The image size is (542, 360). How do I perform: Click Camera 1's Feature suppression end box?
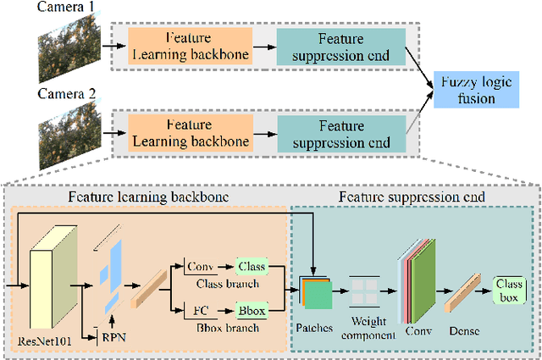pyautogui.click(x=340, y=47)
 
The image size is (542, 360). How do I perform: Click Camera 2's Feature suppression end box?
pyautogui.click(x=340, y=133)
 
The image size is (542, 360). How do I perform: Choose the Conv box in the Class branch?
pyautogui.click(x=200, y=267)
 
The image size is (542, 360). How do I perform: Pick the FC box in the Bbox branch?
pyautogui.click(x=200, y=311)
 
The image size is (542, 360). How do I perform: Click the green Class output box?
pyautogui.click(x=250, y=267)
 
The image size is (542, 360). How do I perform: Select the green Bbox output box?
pyautogui.click(x=250, y=311)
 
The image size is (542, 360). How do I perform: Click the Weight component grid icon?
pyautogui.click(x=368, y=291)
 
